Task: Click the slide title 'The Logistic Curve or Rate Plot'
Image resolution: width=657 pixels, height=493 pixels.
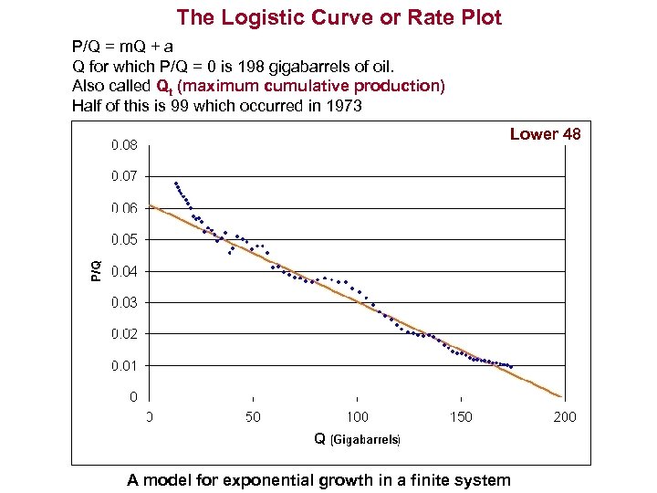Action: click(339, 17)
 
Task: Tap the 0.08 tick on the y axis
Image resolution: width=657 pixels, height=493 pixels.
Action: click(125, 144)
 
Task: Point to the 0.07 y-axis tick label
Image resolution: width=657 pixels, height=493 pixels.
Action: click(125, 175)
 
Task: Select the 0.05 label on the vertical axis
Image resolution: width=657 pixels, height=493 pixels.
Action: click(125, 239)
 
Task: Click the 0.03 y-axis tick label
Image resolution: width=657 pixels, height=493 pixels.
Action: click(125, 302)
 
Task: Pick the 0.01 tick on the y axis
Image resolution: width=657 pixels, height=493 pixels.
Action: click(125, 365)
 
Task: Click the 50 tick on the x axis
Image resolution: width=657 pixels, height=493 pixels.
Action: click(253, 417)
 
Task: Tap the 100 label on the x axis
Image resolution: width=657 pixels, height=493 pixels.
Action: click(357, 417)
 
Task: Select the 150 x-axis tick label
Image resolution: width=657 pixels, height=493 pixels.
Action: click(461, 417)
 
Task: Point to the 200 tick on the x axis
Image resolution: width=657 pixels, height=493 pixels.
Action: click(565, 417)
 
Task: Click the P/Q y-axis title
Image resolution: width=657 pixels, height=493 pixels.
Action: click(96, 270)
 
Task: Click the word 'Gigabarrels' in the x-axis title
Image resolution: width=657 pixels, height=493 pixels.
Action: click(364, 440)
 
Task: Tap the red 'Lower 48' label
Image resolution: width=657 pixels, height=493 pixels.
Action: click(545, 134)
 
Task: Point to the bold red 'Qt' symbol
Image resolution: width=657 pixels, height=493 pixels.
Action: click(164, 87)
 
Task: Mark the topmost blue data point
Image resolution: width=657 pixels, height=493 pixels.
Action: click(175, 183)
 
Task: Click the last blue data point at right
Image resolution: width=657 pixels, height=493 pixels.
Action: click(512, 367)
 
